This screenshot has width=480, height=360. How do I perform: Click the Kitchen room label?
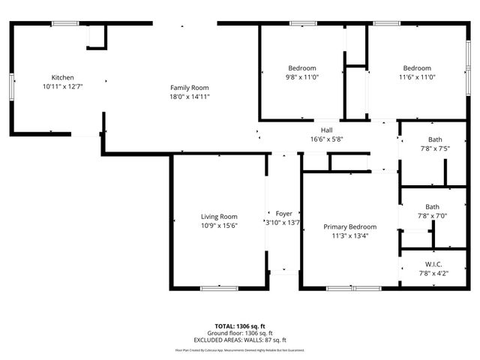point(62,78)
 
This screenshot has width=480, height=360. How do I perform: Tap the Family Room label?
point(189,88)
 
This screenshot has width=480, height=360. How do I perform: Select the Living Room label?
point(218,217)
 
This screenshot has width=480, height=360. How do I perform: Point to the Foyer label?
point(283,214)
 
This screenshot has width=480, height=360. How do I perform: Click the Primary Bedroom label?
point(349,226)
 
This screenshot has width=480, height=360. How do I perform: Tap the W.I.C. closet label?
point(433,264)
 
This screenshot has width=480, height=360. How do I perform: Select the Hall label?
point(326,130)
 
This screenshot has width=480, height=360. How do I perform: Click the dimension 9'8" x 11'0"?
point(302,77)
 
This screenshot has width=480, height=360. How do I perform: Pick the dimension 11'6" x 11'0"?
point(417,77)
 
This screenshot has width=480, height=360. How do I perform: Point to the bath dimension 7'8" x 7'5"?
point(434,148)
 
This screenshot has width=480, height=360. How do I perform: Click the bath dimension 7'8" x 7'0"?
point(433,216)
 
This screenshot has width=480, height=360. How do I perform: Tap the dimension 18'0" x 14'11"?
point(189,97)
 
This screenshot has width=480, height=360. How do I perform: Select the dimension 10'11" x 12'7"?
point(62,87)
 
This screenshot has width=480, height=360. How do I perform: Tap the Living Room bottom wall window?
point(219,287)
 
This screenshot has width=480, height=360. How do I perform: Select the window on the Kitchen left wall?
point(10,85)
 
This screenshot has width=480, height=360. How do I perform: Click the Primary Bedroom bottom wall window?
point(353,288)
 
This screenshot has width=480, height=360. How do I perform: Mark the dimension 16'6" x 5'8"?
point(326,139)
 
